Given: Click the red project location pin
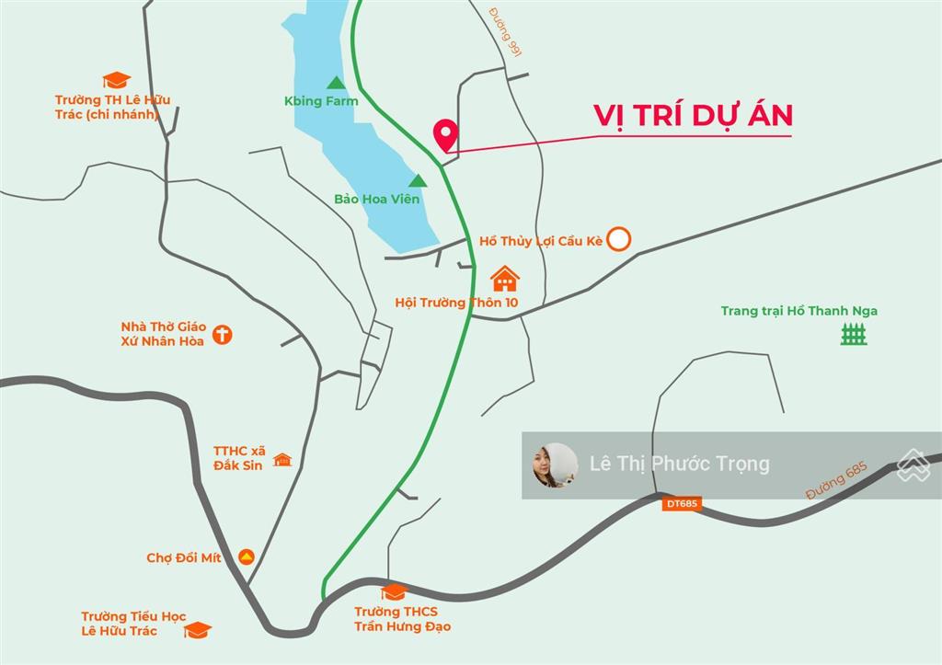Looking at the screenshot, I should (x=446, y=134).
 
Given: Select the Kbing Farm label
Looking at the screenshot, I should (x=321, y=101).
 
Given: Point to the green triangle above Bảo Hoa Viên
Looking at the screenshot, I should (x=418, y=181).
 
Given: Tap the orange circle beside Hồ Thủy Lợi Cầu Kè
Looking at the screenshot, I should (x=620, y=239).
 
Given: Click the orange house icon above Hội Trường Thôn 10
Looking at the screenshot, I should (x=504, y=278).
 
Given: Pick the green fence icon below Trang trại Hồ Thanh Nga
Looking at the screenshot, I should (x=854, y=334).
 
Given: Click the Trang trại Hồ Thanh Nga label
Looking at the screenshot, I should (x=798, y=311).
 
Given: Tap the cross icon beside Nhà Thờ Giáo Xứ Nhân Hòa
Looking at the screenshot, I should (x=222, y=334).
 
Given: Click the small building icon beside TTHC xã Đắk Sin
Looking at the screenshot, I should (x=281, y=459).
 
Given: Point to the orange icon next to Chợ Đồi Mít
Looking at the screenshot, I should (x=246, y=556).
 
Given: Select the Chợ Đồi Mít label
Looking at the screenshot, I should (x=184, y=558).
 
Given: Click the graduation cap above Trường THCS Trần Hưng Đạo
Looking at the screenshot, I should (x=394, y=591).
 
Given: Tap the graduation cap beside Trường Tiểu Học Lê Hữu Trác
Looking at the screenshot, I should (x=197, y=630).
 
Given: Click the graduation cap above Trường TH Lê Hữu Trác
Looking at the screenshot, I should (x=117, y=81).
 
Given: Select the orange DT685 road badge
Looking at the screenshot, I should (x=682, y=503).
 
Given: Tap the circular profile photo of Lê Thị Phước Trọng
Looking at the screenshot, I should (x=556, y=464).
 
